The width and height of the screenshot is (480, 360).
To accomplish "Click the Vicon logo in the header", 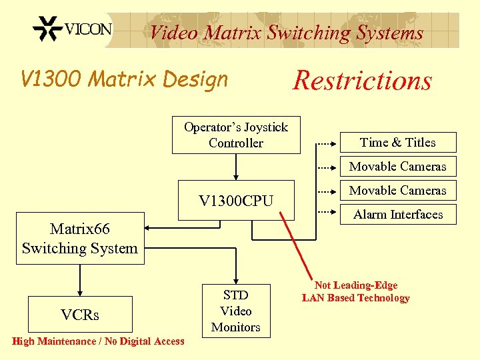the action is tap(72, 30).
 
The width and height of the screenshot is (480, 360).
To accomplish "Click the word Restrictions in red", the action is tap(362, 81).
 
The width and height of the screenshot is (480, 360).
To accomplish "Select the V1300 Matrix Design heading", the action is tap(125, 79).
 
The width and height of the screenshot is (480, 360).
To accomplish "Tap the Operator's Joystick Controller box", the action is tap(235, 135).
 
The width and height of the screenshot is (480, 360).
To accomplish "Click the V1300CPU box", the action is tap(236, 200).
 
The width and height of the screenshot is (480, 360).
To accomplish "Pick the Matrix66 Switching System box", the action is tap(79, 239).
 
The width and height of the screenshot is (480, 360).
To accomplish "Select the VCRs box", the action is tap(79, 315).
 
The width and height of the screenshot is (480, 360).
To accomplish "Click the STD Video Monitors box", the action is tap(235, 311).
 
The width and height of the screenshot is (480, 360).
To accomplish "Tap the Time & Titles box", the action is tap(397, 142).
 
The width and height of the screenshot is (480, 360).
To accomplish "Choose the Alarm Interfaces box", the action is tap(397, 214).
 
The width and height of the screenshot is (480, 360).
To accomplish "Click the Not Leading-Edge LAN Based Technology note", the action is tap(355, 291).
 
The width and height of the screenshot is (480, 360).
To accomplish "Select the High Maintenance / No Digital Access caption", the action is tap(98, 341).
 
